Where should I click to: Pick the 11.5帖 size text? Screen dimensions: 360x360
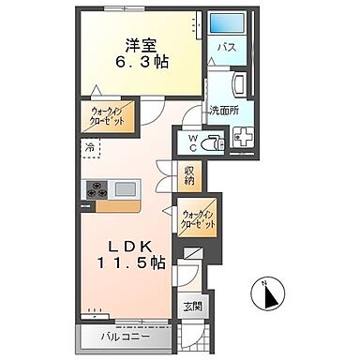[131, 263]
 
